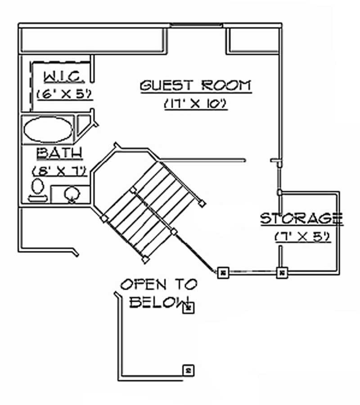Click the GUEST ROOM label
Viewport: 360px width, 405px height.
coord(196,85)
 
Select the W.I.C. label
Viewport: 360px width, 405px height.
coord(64,77)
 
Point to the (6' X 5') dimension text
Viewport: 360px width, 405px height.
coord(64,94)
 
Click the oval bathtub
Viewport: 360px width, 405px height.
coord(47,130)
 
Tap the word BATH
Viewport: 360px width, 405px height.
coord(59,153)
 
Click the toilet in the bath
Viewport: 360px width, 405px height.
coord(38,189)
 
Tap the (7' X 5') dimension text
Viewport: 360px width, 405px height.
coord(302,236)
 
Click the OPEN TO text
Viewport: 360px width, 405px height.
coord(158,284)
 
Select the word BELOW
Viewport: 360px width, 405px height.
coord(157,302)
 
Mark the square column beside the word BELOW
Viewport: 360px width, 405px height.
coord(188,308)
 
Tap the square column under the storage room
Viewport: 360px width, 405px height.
coord(282,272)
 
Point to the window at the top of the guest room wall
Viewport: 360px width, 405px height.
coord(197,26)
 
